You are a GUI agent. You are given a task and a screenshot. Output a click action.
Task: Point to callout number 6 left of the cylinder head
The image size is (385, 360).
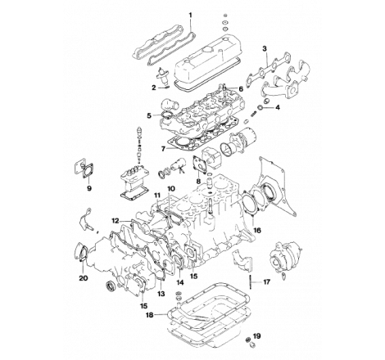click(x=149, y=115)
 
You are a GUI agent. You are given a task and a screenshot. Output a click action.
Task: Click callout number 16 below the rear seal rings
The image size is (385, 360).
click(x=257, y=232)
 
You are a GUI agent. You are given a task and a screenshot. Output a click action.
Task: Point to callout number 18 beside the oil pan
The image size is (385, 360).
click(x=148, y=313)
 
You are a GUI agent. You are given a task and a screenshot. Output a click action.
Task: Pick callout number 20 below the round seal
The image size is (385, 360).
click(x=84, y=278)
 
